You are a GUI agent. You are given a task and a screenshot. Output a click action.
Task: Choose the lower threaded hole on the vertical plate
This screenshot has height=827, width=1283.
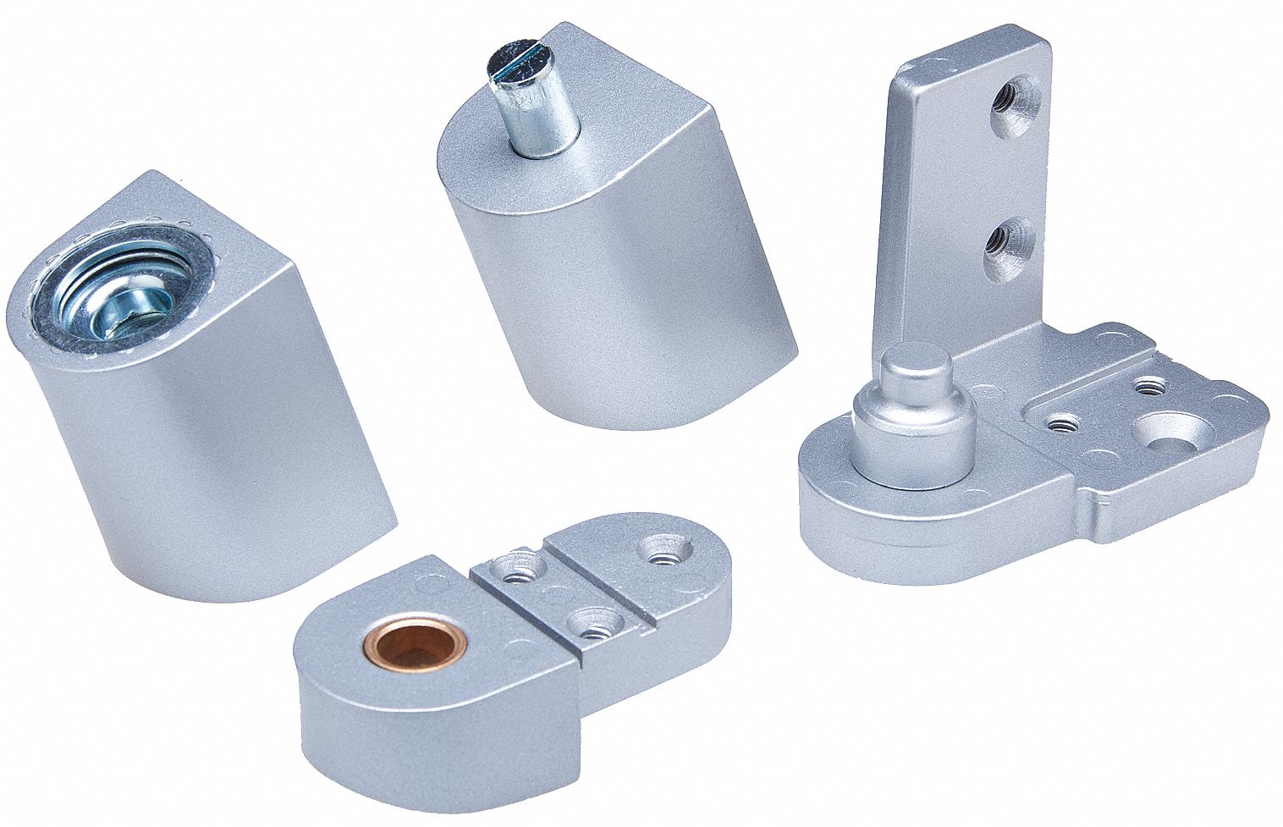point(1009,243)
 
